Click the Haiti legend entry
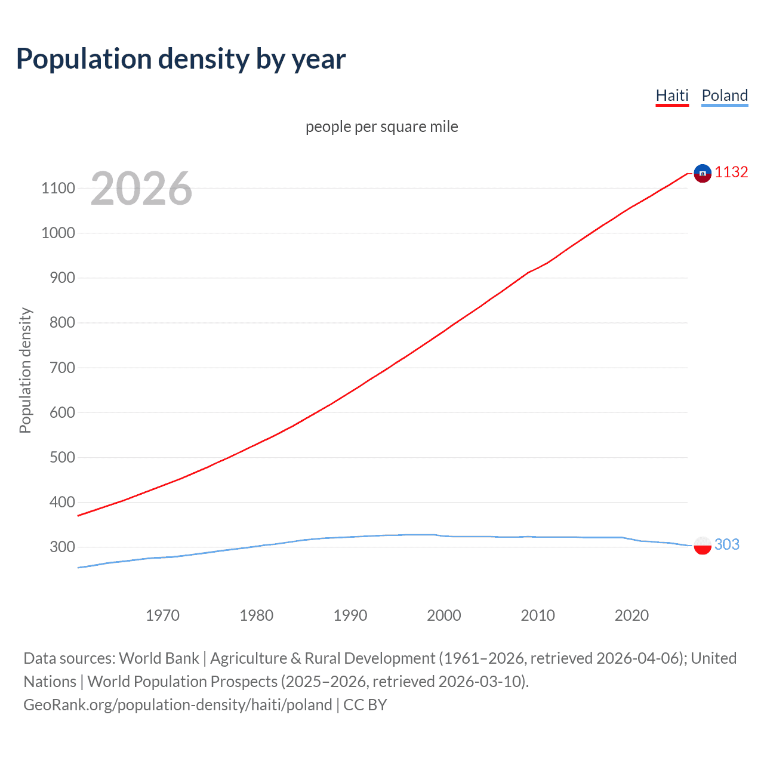click(x=672, y=95)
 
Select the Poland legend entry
click(x=725, y=95)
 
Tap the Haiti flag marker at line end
click(x=703, y=173)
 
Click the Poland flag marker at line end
click(x=703, y=545)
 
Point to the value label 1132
click(x=731, y=172)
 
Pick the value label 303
click(x=726, y=544)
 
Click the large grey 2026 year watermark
click(x=141, y=189)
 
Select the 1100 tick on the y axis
click(x=58, y=189)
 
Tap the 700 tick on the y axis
click(x=62, y=368)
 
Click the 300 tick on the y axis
click(x=62, y=547)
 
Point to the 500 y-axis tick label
click(x=62, y=457)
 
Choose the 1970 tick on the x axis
click(x=162, y=615)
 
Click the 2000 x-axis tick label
click(x=443, y=615)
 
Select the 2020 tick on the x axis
click(x=631, y=615)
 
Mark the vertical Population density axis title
click(x=25, y=370)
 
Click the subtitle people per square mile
click(x=381, y=127)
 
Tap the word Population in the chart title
click(x=84, y=59)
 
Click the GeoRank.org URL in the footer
click(x=177, y=705)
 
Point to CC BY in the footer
click(x=365, y=705)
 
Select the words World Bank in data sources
click(x=159, y=658)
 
